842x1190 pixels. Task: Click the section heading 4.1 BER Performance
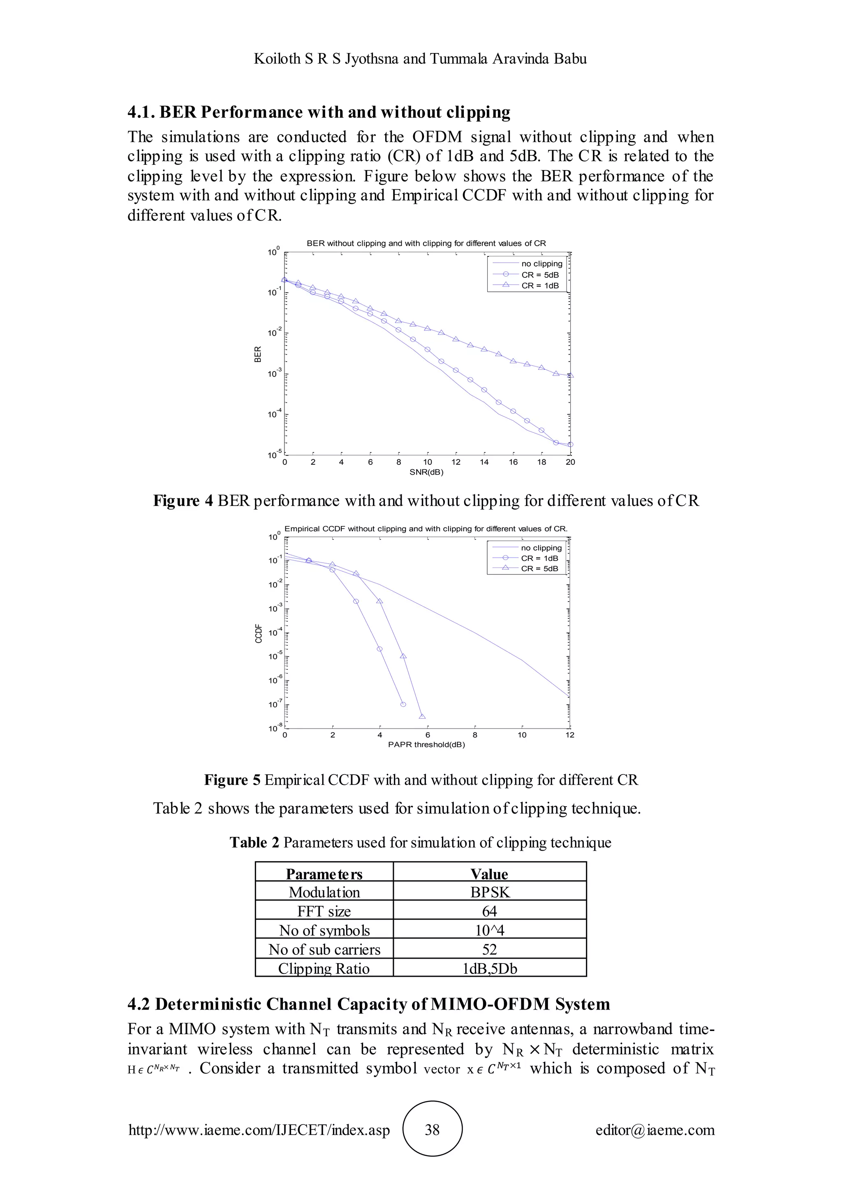click(319, 113)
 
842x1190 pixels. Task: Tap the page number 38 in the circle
click(432, 1130)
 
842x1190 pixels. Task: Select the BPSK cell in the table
click(489, 892)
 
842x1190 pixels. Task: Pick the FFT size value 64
click(489, 911)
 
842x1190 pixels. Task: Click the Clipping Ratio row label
click(324, 968)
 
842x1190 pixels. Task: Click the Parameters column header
click(324, 874)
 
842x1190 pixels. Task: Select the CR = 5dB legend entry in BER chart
click(540, 275)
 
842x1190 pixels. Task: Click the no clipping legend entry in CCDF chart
click(541, 548)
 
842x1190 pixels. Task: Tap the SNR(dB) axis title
click(426, 472)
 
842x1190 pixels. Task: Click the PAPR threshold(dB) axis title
click(426, 745)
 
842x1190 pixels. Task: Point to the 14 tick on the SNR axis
click(484, 462)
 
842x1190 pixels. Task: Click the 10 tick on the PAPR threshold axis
click(522, 735)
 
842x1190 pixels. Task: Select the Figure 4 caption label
click(183, 500)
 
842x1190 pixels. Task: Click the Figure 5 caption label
click(232, 780)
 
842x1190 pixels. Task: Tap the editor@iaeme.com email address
click(654, 1130)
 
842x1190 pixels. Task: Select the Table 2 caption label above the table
click(254, 843)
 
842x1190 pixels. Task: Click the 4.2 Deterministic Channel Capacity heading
click(369, 1004)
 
